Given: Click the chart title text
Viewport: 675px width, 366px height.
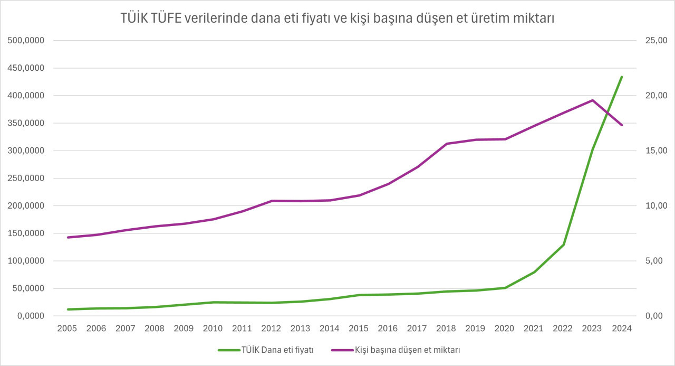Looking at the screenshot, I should [x=337, y=18].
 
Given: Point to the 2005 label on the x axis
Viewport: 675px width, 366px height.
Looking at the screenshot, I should [x=67, y=329].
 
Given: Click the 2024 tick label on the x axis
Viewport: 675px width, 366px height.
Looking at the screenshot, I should [x=622, y=329].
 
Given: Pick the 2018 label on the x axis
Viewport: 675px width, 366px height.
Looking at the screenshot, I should [x=447, y=329].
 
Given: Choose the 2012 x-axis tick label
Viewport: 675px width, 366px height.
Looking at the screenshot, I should [x=272, y=329].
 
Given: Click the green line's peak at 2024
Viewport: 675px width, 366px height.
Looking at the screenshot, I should [x=622, y=77].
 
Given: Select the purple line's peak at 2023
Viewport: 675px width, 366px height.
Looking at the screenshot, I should [x=593, y=100].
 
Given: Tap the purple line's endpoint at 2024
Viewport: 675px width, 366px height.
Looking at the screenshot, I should [x=622, y=125].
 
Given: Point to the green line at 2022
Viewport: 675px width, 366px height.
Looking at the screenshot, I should [x=564, y=245].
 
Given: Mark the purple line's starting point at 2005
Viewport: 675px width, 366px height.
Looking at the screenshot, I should [x=68, y=237].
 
